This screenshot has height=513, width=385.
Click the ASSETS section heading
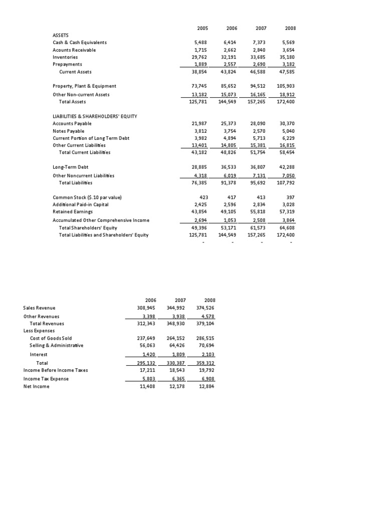click(61, 35)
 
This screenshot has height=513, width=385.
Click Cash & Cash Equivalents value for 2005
click(201, 43)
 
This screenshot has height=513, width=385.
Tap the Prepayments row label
click(68, 64)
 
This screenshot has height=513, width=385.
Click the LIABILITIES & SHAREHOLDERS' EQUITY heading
click(95, 116)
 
